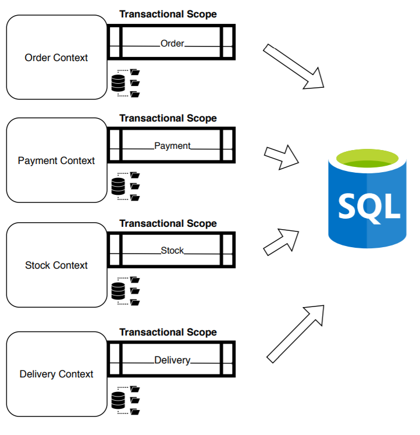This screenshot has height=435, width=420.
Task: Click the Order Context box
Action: (x=56, y=58)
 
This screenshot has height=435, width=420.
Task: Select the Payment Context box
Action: (x=56, y=161)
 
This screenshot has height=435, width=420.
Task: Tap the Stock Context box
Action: (x=56, y=265)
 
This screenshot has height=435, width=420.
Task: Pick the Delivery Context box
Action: (x=56, y=374)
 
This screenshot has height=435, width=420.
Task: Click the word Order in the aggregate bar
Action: (x=172, y=44)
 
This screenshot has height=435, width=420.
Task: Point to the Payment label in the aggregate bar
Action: (x=172, y=146)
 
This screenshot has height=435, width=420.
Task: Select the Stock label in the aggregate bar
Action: (x=172, y=251)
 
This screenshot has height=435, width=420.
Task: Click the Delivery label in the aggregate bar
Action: (x=172, y=361)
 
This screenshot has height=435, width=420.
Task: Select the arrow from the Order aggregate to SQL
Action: (x=294, y=67)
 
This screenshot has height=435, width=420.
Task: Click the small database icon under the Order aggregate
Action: (x=118, y=83)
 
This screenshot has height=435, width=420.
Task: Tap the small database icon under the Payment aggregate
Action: (x=118, y=186)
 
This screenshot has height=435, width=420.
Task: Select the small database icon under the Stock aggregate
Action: (x=118, y=291)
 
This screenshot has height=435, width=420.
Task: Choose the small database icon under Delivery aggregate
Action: (x=118, y=400)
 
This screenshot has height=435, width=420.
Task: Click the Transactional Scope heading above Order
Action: (x=168, y=15)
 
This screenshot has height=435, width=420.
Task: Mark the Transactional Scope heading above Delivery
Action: (x=168, y=333)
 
